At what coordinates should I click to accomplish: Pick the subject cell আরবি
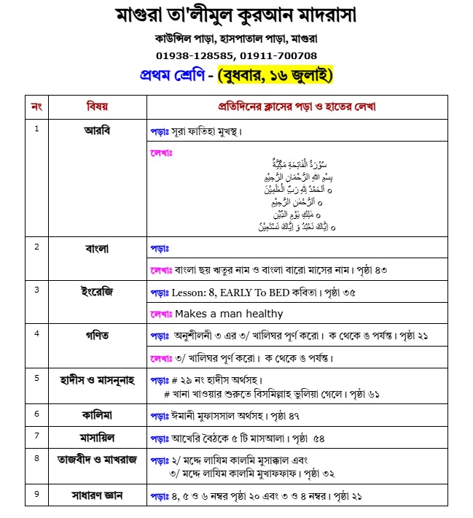[x=97, y=131]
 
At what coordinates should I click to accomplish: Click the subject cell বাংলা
[x=97, y=247]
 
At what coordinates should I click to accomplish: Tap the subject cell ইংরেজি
[x=97, y=291]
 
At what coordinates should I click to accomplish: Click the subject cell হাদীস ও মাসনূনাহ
[x=97, y=379]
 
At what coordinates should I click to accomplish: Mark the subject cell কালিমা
[x=97, y=414]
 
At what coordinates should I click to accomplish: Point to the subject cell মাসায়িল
[x=97, y=436]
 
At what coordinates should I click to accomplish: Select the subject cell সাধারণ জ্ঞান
[x=97, y=495]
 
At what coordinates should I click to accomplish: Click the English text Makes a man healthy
[x=229, y=314]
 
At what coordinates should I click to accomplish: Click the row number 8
[x=36, y=458]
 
